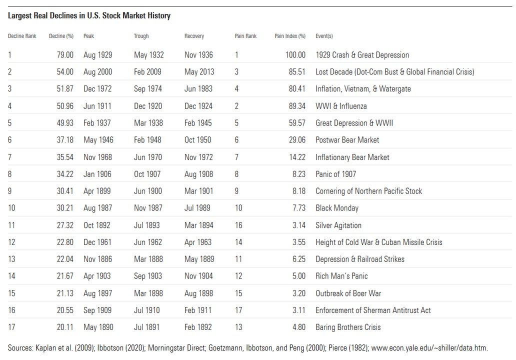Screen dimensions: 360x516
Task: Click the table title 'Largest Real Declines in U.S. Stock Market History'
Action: coord(89,16)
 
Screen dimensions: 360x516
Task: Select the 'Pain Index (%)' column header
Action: coord(290,36)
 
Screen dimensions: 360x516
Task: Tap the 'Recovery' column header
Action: coord(194,36)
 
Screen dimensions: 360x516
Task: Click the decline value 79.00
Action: coord(65,55)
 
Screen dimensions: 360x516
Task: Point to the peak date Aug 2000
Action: coord(98,72)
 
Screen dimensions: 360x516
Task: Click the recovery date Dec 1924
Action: coord(198,106)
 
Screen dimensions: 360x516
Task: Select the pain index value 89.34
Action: coord(295,106)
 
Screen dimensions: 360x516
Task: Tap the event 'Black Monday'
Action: coord(337,208)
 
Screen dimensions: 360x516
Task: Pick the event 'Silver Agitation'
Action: coord(338,225)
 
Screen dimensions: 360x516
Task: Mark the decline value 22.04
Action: coord(65,259)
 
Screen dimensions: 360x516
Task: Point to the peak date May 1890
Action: coord(98,327)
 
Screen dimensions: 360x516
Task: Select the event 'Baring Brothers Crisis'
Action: coord(348,327)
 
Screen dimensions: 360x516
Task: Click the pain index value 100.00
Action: coord(295,55)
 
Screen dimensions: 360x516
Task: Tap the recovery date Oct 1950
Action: coord(198,140)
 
